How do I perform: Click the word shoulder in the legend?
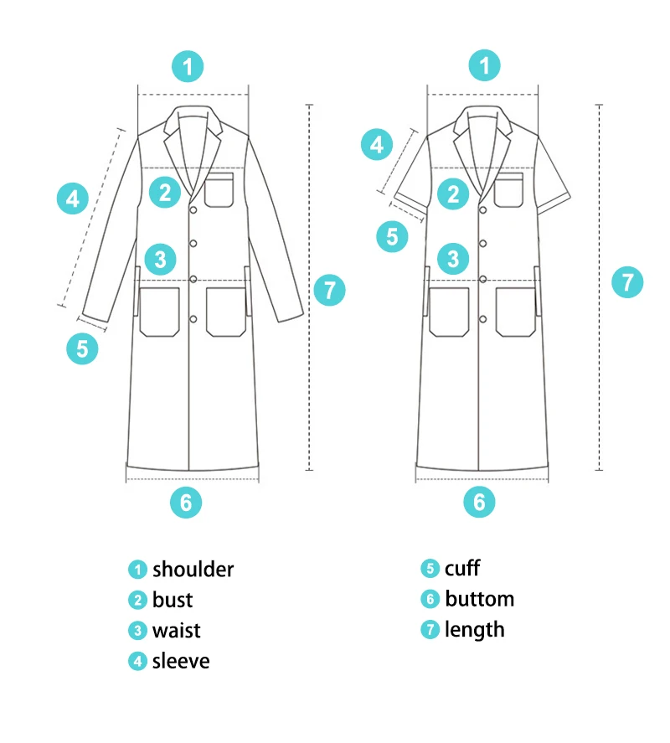tap(193, 570)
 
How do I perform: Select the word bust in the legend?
tap(173, 600)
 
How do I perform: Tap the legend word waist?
tap(177, 630)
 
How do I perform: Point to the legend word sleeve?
tap(181, 661)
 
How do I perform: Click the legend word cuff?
tap(462, 569)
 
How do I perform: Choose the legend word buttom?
tap(479, 599)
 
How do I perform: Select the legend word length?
tap(475, 629)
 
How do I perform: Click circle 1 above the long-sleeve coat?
tap(188, 65)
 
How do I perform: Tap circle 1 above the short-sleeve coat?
tap(484, 65)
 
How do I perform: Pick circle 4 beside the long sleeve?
tap(73, 199)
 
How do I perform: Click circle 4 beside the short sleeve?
tap(377, 145)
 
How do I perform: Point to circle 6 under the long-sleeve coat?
tap(186, 502)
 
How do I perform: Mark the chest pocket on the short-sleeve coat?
tap(509, 190)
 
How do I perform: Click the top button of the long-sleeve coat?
tap(193, 208)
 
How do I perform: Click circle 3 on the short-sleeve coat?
tap(453, 258)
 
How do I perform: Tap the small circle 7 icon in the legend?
tap(430, 629)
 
